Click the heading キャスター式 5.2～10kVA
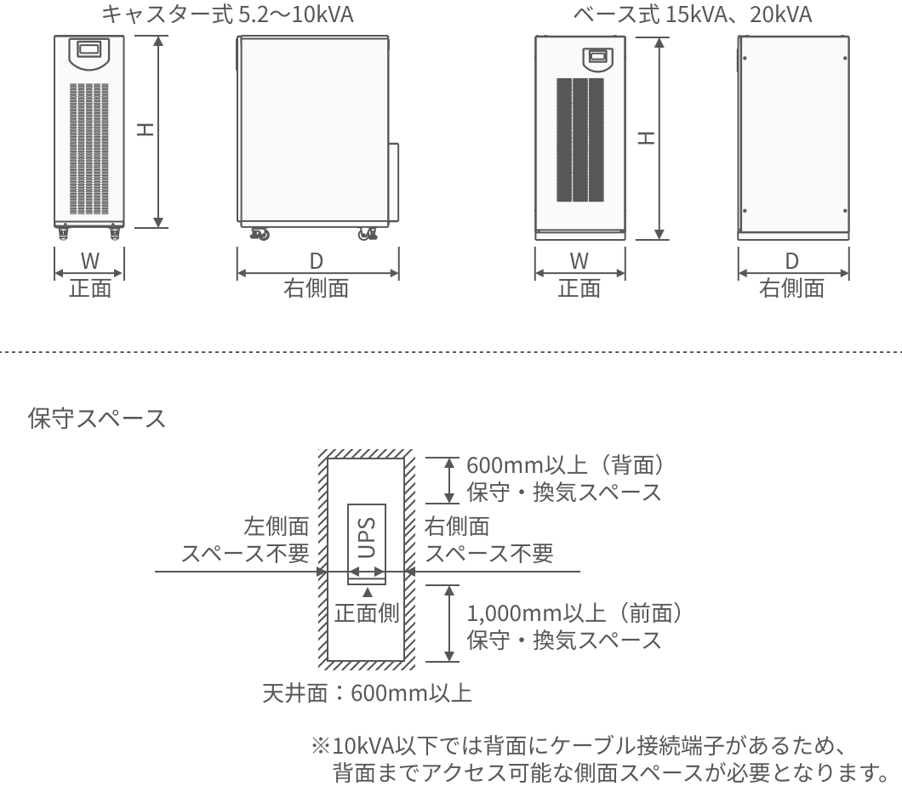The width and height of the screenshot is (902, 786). tap(227, 14)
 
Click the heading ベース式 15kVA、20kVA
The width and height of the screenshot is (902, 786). tap(692, 14)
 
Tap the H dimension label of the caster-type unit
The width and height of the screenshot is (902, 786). tap(146, 128)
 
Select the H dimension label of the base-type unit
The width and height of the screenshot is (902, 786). tap(646, 138)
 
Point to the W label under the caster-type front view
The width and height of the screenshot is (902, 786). tap(89, 261)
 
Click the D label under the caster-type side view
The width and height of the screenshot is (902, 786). tap(317, 261)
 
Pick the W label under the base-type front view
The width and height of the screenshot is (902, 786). tap(579, 261)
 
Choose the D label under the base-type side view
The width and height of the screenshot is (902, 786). tap(792, 261)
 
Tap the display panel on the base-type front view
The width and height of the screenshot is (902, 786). tap(597, 58)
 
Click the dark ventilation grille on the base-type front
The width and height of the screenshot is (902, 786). tap(579, 140)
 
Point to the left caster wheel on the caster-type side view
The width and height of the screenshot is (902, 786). tap(260, 233)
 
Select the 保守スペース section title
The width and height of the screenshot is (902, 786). tap(97, 418)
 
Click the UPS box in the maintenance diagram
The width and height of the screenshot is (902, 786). tap(367, 544)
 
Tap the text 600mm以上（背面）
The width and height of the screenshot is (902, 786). tap(566, 464)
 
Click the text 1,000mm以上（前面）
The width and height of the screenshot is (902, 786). tap(574, 613)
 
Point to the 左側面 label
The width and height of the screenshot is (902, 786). tap(276, 526)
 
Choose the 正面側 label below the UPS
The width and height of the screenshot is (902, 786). tap(367, 613)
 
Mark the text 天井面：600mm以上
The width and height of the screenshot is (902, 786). tap(367, 692)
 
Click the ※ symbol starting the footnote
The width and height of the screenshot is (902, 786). tap(321, 746)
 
